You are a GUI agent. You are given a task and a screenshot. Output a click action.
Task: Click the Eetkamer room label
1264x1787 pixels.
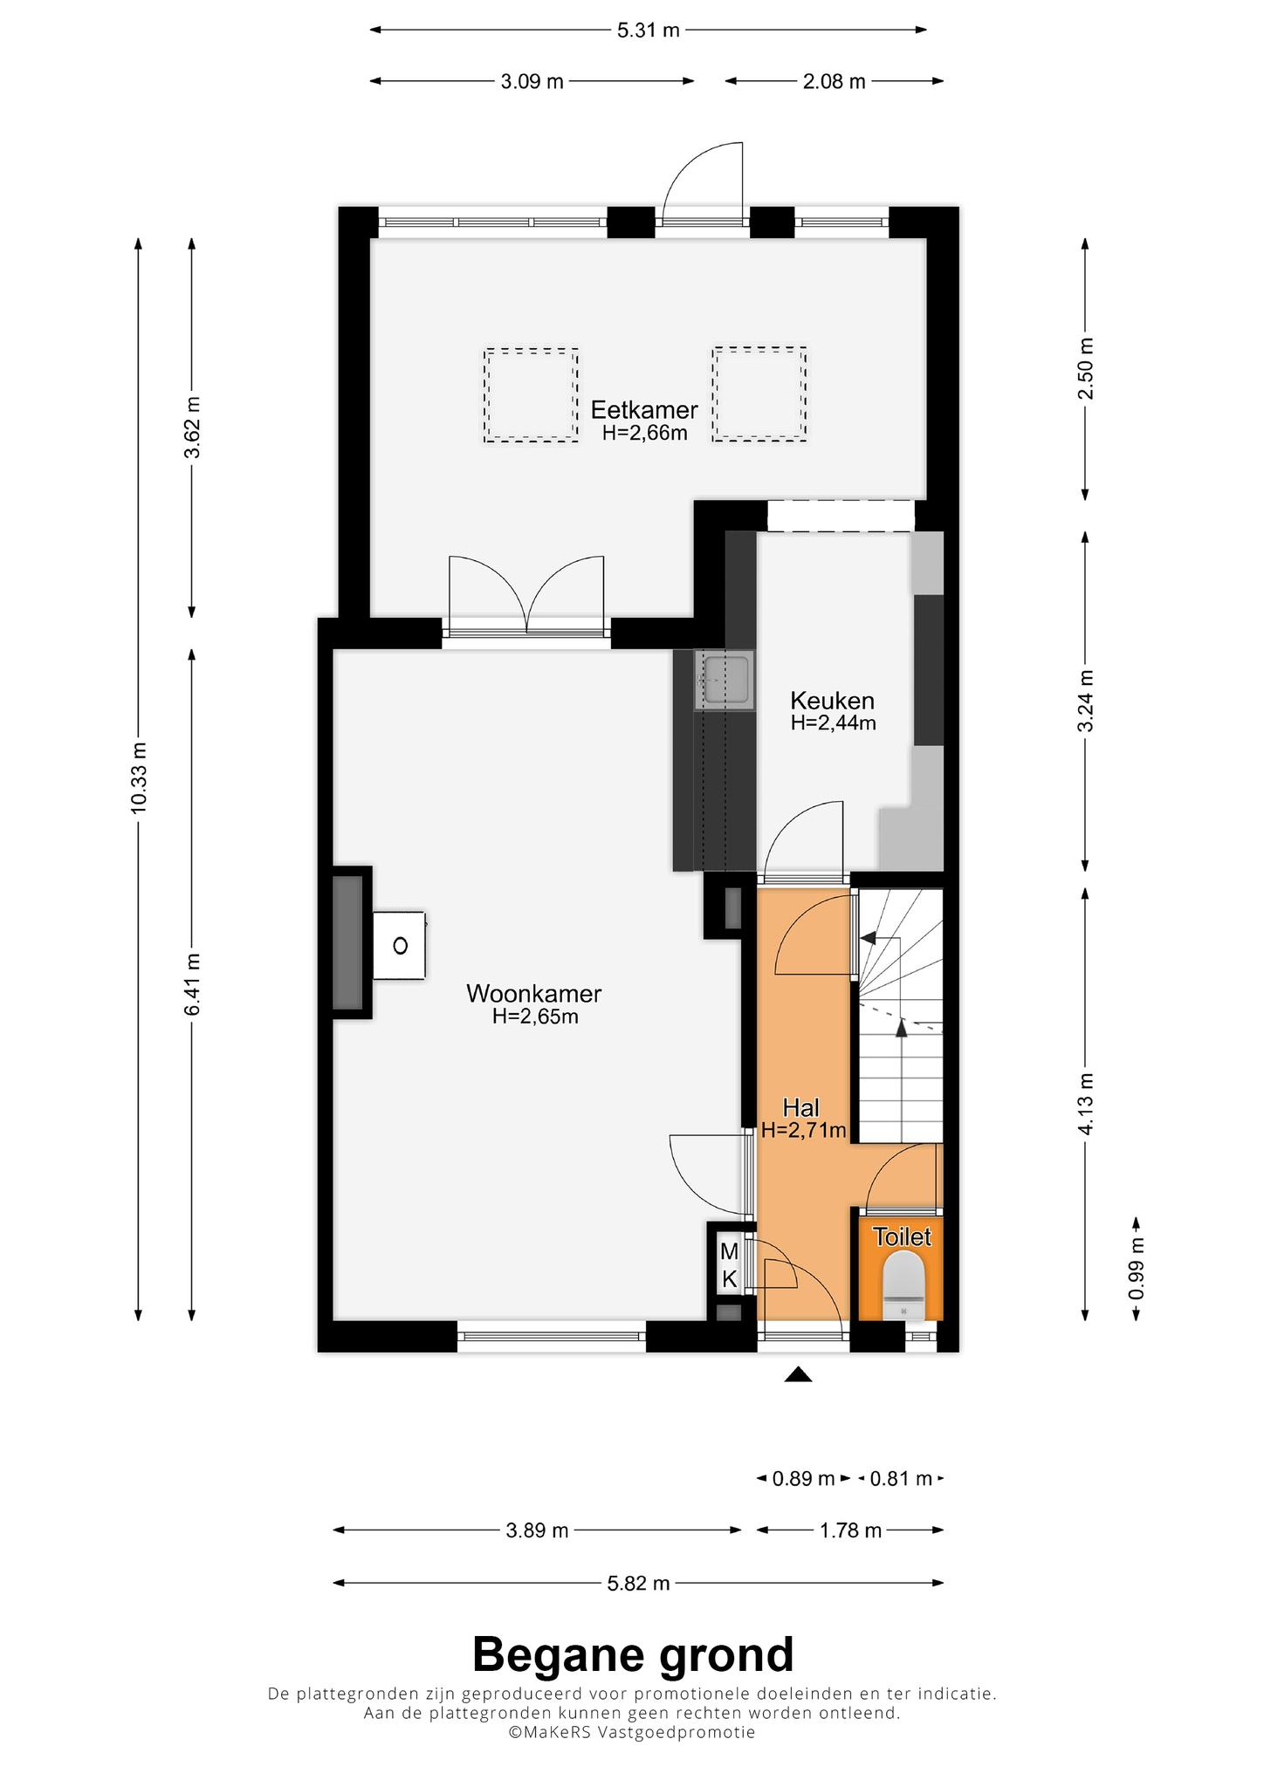[x=644, y=409]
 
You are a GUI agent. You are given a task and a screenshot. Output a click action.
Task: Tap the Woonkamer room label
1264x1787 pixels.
[x=534, y=993]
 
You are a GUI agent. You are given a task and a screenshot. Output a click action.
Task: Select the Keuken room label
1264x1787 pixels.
[x=832, y=700]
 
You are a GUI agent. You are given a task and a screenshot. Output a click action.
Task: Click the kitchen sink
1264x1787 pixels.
[x=724, y=679]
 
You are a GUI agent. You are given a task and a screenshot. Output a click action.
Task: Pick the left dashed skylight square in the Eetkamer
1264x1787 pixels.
[x=532, y=395]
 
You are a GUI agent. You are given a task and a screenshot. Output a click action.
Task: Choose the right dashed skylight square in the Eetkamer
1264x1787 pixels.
[x=759, y=394]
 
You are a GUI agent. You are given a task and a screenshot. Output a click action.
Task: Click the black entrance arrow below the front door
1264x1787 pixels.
[x=798, y=1375]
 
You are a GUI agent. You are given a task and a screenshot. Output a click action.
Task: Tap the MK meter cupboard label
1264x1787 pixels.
[x=729, y=1265]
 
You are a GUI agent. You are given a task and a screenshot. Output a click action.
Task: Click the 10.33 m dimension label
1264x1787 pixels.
[x=138, y=778]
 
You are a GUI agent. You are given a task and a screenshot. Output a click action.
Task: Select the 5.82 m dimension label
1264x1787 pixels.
[x=638, y=1583]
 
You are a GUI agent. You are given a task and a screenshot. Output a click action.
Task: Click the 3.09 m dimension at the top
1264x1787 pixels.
[x=532, y=82]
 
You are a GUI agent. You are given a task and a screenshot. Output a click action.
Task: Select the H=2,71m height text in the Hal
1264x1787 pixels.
[x=803, y=1131]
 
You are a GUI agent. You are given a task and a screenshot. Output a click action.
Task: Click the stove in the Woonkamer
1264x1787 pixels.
[x=400, y=946]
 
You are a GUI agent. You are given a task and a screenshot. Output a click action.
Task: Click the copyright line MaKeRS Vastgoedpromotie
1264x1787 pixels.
[x=632, y=1732]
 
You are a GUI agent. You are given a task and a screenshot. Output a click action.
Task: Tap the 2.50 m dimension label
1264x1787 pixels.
[x=1085, y=368]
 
